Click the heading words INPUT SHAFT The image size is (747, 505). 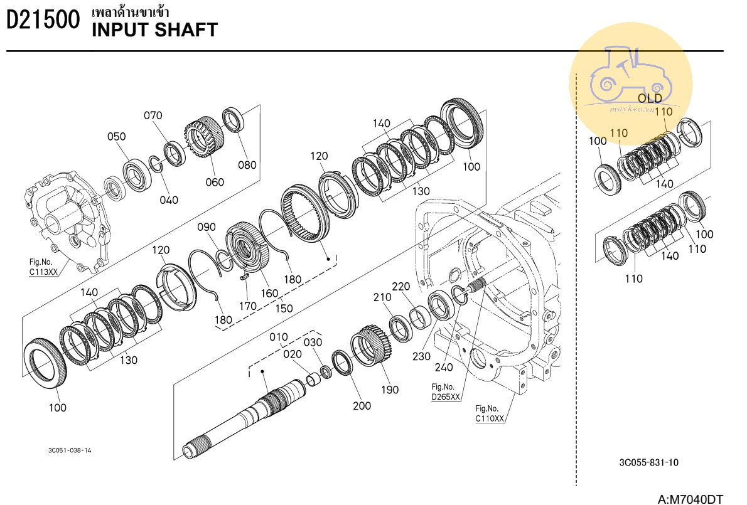[x=154, y=30]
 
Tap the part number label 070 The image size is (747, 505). [x=153, y=115]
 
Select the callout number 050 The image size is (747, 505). [x=116, y=137]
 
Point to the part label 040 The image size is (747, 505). [x=168, y=200]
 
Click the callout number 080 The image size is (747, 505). [x=247, y=166]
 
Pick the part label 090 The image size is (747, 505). [x=207, y=227]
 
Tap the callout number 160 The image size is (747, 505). [x=269, y=294]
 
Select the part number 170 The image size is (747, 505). [x=248, y=306]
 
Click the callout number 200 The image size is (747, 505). [x=362, y=406]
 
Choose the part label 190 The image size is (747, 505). [x=390, y=390]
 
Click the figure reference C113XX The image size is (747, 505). [x=43, y=273]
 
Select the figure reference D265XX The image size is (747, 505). [x=446, y=397]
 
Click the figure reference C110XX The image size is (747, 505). [x=490, y=418]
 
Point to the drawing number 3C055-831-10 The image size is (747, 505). [x=648, y=463]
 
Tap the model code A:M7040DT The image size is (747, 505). [x=691, y=499]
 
